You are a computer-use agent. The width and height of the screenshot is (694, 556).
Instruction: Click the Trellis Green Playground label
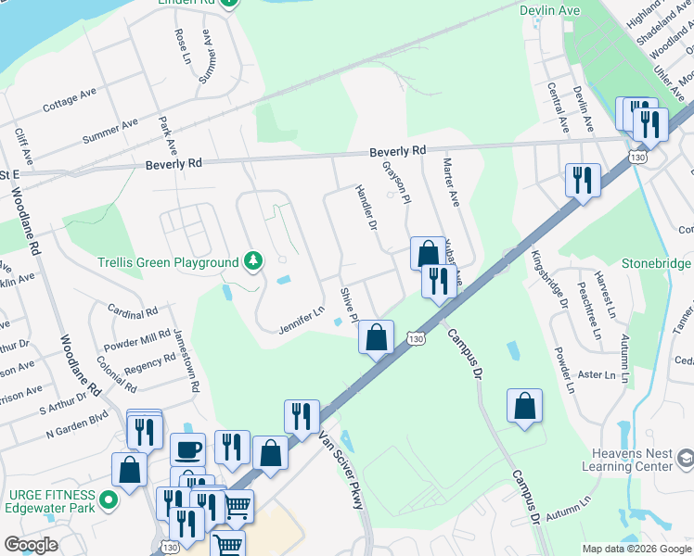coord(168,262)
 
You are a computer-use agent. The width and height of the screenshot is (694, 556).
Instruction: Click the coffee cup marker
coord(187,450)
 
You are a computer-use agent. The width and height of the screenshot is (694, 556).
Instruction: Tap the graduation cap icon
coord(685,459)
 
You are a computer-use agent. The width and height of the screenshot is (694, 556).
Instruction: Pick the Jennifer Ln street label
coord(301,321)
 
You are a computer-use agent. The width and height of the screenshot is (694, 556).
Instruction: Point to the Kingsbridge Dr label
coord(549,278)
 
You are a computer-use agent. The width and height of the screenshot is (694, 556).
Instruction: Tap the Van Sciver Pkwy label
coord(341,470)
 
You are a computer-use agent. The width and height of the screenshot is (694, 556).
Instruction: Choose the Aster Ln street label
coord(597,375)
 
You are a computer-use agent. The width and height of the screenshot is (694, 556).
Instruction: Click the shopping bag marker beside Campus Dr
coord(524,405)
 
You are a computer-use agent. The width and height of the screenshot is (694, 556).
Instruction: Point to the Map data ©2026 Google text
coord(636,549)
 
